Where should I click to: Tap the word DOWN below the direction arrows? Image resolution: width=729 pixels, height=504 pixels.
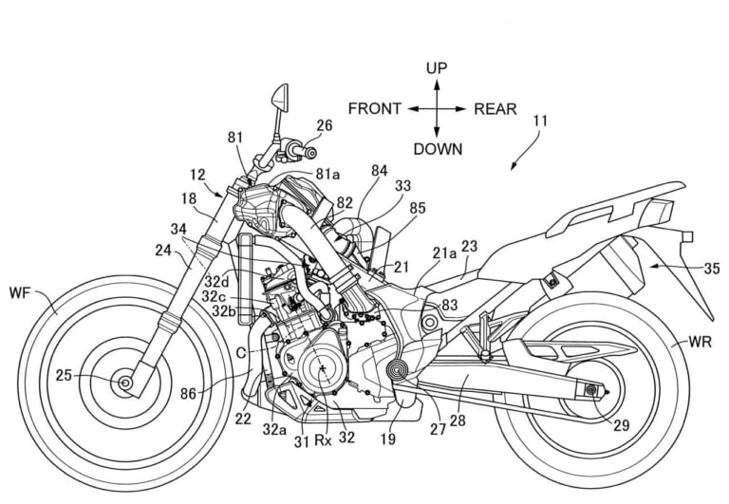point(438,149)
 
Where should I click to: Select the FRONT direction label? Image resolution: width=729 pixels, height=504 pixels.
point(375,108)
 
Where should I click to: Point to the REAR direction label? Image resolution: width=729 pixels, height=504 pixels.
point(495,108)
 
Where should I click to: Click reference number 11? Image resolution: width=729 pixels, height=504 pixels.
point(540,121)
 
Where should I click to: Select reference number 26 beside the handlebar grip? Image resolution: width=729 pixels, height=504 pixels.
point(325,124)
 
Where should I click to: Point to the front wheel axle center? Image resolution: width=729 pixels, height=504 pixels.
point(124,383)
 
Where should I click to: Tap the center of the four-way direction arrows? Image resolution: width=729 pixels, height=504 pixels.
point(437,108)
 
